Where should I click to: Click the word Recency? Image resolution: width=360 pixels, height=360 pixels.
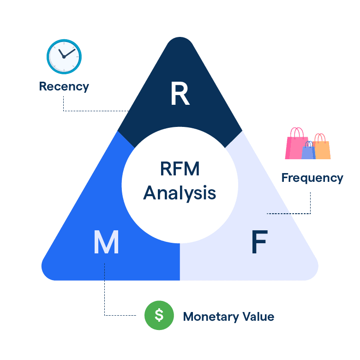tap(64, 86)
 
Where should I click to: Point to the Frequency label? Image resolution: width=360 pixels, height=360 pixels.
tap(312, 178)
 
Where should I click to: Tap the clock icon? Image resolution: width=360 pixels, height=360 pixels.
tap(64, 57)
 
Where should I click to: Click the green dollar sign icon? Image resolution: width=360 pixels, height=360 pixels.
tap(159, 315)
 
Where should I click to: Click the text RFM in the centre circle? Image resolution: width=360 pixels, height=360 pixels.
tap(180, 169)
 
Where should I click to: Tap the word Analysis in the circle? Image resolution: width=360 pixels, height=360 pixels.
tap(180, 192)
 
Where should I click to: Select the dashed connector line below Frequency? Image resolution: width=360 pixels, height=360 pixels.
tap(310, 203)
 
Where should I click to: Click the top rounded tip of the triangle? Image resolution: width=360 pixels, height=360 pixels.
tap(180, 42)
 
